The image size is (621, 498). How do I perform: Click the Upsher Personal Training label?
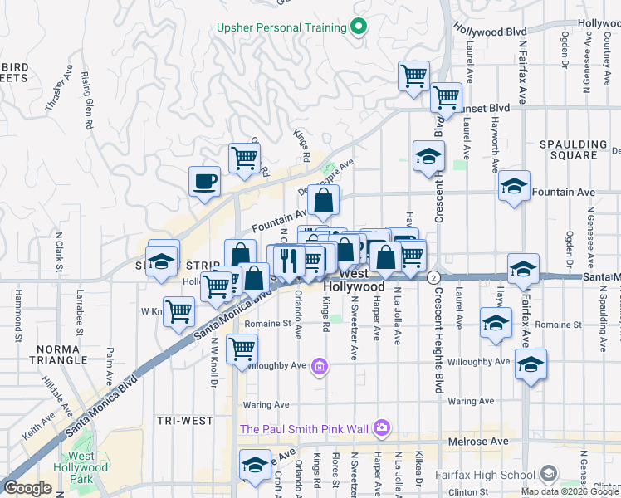coord(281,27)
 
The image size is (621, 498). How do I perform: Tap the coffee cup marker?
coord(204,181)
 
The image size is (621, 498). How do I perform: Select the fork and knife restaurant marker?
coord(289,260)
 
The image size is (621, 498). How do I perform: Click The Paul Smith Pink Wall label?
coord(304,428)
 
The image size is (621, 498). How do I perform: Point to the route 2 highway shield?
coord(433,279)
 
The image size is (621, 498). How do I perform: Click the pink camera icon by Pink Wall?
coord(381,428)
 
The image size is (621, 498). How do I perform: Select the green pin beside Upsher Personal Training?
coord(359,27)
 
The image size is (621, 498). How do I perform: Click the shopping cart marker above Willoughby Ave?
coord(242,348)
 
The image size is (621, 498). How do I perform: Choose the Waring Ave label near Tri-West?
coord(266,404)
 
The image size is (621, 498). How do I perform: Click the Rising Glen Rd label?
coord(87,100)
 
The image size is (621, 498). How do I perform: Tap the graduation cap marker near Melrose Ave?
coord(255,465)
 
